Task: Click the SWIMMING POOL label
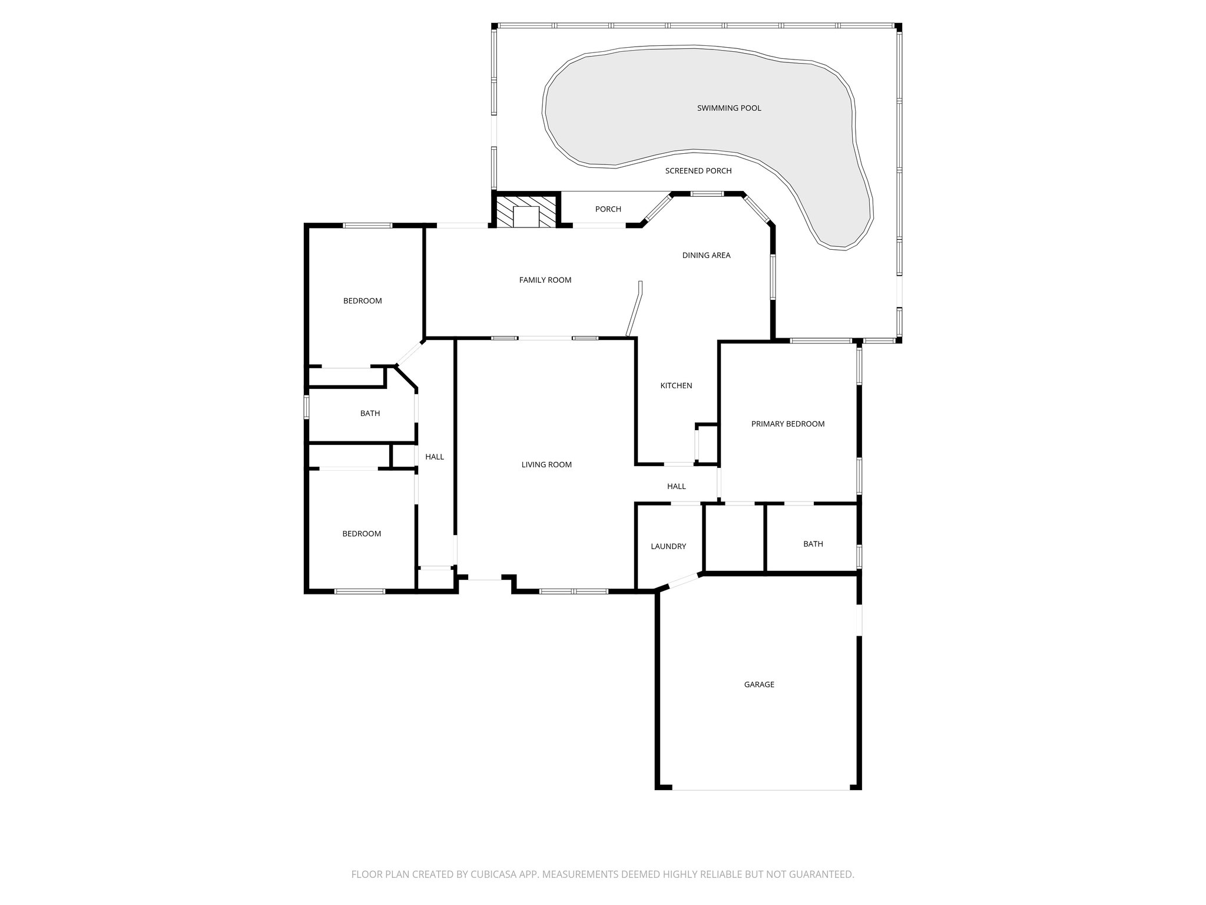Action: point(729,108)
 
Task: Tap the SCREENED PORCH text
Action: point(698,171)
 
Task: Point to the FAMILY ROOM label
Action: point(545,280)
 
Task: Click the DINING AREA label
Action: point(706,256)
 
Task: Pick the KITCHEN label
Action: point(676,386)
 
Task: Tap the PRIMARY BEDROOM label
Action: point(788,424)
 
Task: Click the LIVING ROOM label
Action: point(546,465)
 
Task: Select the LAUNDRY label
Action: point(668,547)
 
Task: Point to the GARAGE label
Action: point(759,685)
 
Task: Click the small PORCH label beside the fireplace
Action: point(608,209)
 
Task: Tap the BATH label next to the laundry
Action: point(813,544)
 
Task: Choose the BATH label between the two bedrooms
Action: point(370,414)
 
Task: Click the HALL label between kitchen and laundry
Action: point(677,487)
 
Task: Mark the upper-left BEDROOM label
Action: point(363,301)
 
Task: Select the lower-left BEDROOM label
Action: point(362,534)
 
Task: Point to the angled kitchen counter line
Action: point(635,309)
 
